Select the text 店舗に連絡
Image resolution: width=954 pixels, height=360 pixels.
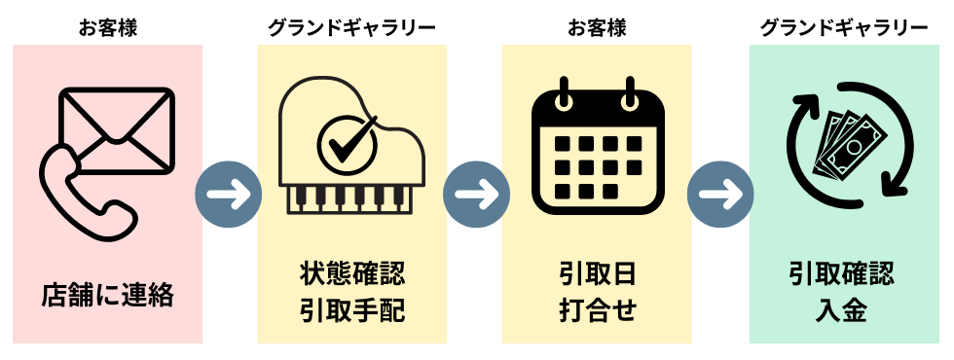108,294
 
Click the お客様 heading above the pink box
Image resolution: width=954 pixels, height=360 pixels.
108,27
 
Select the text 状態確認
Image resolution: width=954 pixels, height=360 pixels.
352,274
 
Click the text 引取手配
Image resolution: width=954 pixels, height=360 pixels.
352,311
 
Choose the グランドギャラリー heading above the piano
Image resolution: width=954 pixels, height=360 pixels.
352,27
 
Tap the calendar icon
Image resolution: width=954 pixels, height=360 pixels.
597,146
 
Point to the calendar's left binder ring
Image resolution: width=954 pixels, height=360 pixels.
563,95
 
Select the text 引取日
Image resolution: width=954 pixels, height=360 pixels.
597,274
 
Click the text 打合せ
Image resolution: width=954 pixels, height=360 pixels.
597,311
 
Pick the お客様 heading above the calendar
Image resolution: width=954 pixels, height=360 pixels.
597,27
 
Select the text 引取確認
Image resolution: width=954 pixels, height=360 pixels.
842,274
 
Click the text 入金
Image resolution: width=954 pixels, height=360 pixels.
842,311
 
